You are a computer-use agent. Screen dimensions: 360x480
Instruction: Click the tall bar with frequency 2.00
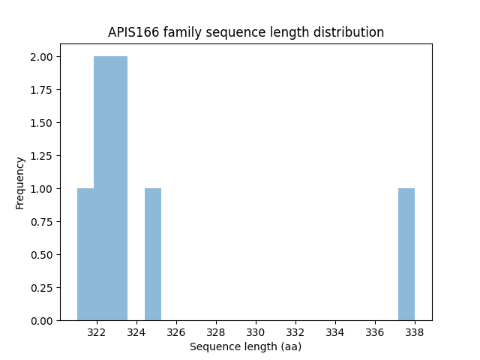[x=110, y=188]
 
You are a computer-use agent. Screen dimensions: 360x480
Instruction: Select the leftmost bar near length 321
[x=85, y=254]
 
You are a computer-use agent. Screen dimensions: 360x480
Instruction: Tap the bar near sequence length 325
[x=153, y=254]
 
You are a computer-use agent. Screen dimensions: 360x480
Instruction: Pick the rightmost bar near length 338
[x=406, y=254]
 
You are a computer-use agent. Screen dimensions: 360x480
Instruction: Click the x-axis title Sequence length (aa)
[x=245, y=346]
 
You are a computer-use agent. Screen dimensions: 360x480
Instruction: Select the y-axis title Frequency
[x=20, y=182]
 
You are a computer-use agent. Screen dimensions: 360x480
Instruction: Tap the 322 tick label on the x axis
[x=97, y=332]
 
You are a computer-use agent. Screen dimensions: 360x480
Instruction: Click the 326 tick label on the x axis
[x=176, y=332]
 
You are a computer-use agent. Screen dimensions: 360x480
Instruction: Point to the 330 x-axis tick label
[x=256, y=332]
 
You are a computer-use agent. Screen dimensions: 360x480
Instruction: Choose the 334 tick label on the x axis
[x=335, y=332]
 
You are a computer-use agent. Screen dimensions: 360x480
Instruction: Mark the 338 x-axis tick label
[x=415, y=332]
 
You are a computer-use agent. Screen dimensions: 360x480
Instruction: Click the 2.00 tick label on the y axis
[x=40, y=57]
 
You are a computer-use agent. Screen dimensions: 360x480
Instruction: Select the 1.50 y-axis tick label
[x=40, y=123]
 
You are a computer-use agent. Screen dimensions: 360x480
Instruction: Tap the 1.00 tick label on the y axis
[x=40, y=189]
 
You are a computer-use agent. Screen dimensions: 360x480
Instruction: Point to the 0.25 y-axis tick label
[x=40, y=288]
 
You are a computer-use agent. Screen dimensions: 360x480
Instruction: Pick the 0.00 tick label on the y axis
[x=40, y=321]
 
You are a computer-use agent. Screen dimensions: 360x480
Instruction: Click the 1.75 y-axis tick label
[x=40, y=90]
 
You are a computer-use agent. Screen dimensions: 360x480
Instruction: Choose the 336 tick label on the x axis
[x=375, y=332]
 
